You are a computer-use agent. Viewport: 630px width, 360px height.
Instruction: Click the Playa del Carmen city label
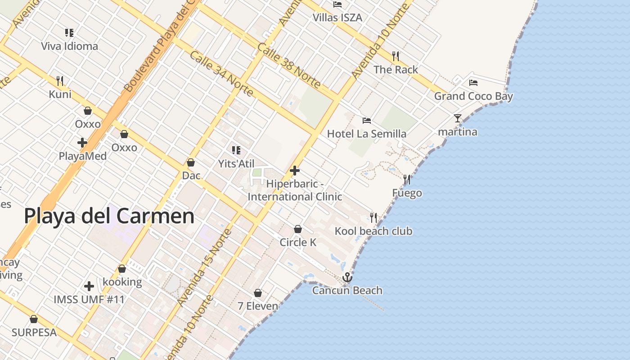pyautogui.click(x=109, y=216)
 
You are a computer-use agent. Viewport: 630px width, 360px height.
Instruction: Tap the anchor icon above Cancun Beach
pyautogui.click(x=347, y=277)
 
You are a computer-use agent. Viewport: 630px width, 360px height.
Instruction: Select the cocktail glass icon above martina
pyautogui.click(x=458, y=118)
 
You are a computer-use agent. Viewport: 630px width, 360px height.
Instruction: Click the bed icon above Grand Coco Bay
pyautogui.click(x=473, y=83)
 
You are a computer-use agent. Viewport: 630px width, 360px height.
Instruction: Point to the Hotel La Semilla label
pyautogui.click(x=366, y=134)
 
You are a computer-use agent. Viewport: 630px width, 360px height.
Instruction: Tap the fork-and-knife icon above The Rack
pyautogui.click(x=396, y=56)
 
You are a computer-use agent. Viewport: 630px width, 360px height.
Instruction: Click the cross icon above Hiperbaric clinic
pyautogui.click(x=295, y=171)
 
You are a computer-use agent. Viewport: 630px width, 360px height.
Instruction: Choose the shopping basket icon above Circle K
pyautogui.click(x=298, y=229)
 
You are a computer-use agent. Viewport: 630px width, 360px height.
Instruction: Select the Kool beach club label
pyautogui.click(x=373, y=231)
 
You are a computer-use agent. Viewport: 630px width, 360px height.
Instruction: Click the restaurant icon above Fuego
pyautogui.click(x=407, y=180)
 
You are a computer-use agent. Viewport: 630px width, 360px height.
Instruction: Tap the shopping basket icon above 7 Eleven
pyautogui.click(x=258, y=293)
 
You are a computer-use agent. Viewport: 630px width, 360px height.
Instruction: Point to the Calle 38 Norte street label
pyautogui.click(x=289, y=65)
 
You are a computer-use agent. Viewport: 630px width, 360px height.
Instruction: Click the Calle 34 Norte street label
pyautogui.click(x=221, y=73)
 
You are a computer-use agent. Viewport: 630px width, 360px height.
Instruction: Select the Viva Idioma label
pyautogui.click(x=69, y=46)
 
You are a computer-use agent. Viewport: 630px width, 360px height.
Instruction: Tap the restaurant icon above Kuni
pyautogui.click(x=60, y=81)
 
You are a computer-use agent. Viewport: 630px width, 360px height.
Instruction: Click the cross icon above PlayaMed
pyautogui.click(x=82, y=143)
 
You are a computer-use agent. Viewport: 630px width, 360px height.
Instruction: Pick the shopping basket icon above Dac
pyautogui.click(x=191, y=162)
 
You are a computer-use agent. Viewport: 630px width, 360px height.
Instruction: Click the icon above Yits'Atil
pyautogui.click(x=236, y=150)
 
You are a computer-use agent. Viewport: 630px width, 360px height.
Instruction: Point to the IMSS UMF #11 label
pyautogui.click(x=89, y=299)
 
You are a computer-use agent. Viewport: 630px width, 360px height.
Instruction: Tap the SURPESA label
pyautogui.click(x=34, y=333)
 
